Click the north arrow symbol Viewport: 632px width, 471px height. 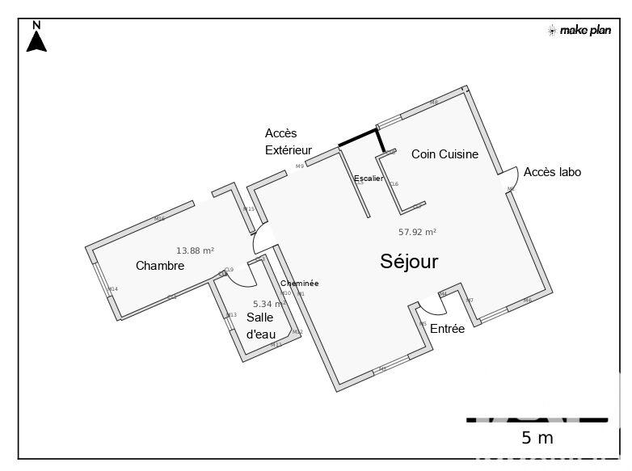coord(36,38)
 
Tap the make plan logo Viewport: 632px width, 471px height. coord(579,31)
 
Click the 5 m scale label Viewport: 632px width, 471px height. coord(537,438)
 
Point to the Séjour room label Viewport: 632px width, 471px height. coord(409,261)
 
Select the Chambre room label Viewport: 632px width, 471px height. coord(160,266)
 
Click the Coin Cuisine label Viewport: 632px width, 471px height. coord(445,154)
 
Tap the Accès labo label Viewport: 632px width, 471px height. coord(552,172)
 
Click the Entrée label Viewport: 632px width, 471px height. coord(447,329)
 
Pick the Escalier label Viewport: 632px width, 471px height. coord(369,178)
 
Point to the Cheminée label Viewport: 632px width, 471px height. coord(299,284)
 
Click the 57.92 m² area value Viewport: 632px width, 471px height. coord(417,232)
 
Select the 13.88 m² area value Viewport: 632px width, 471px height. coord(195,251)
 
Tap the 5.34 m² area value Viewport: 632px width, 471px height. coord(269,304)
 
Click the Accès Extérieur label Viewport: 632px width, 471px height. coord(288,141)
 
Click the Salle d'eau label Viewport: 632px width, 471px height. coord(259,325)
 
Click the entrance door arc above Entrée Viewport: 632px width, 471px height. coord(431,307)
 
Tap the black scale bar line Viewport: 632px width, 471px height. coord(537,419)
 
